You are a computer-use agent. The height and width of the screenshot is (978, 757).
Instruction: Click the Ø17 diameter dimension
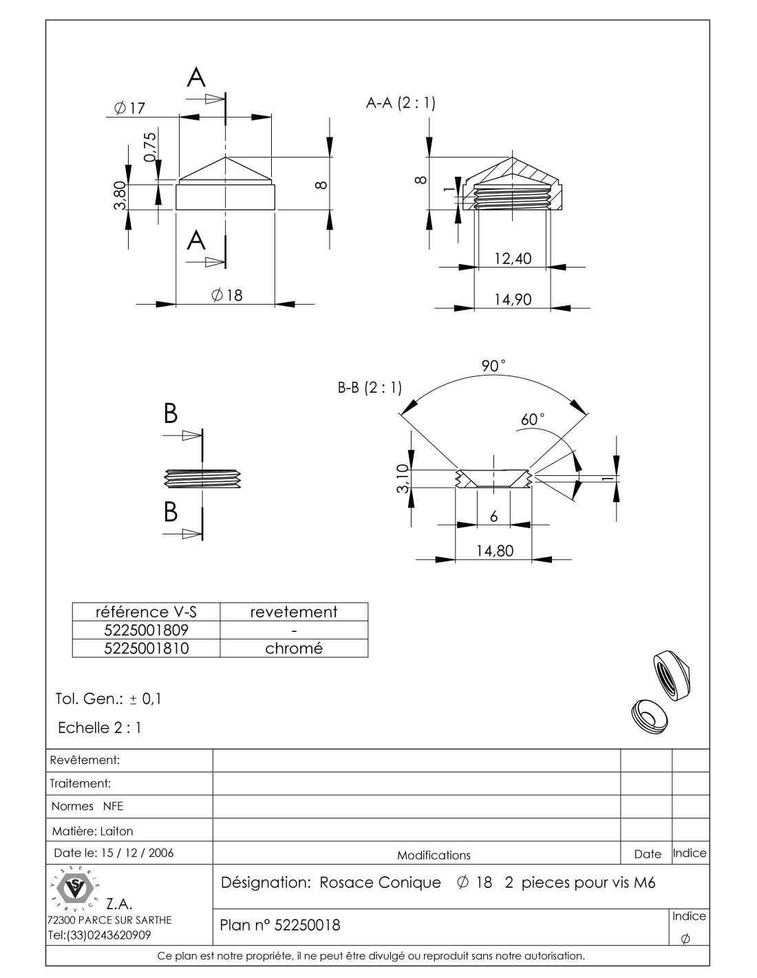pyautogui.click(x=130, y=108)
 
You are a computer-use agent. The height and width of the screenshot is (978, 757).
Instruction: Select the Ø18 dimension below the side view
pyautogui.click(x=226, y=295)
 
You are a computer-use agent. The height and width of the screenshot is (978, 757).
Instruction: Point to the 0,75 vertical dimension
pyautogui.click(x=151, y=146)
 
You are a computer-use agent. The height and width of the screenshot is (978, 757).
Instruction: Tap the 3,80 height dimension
pyautogui.click(x=120, y=197)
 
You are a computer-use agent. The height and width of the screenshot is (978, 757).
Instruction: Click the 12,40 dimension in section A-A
pyautogui.click(x=513, y=259)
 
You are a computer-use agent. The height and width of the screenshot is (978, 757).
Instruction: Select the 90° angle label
pyautogui.click(x=493, y=366)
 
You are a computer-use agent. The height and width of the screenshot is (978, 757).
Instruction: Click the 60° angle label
pyautogui.click(x=533, y=419)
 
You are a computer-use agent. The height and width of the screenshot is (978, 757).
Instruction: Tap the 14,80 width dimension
pyautogui.click(x=494, y=551)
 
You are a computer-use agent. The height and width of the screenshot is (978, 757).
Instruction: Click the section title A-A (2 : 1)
pyautogui.click(x=401, y=103)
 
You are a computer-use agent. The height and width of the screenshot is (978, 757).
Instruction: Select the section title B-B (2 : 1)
pyautogui.click(x=370, y=388)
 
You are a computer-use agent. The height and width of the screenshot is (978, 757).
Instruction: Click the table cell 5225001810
pyautogui.click(x=146, y=648)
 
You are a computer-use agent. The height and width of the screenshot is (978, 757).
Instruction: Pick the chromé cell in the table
pyautogui.click(x=294, y=648)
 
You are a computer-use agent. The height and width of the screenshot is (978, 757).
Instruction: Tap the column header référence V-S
pyautogui.click(x=146, y=611)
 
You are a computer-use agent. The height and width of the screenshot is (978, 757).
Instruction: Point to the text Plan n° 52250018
pyautogui.click(x=279, y=926)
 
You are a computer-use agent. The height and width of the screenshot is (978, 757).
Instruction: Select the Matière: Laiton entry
pyautogui.click(x=92, y=831)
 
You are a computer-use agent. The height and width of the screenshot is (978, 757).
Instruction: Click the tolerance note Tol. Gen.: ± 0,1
pyautogui.click(x=108, y=699)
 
